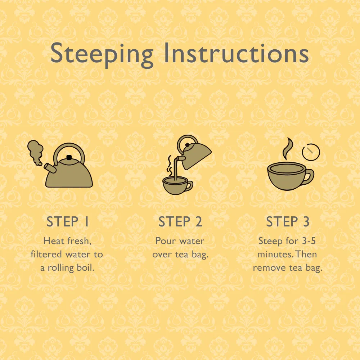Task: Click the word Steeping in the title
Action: pos(102,55)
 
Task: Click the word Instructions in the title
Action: pos(236,53)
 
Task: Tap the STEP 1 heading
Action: pos(68,221)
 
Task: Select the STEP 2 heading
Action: pos(180,221)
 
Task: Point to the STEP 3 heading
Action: pos(288,221)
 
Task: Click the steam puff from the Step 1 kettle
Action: pos(36,152)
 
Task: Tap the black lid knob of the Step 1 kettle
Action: pos(69,157)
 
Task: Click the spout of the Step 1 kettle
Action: pos(50,168)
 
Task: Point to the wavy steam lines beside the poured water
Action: pos(170,165)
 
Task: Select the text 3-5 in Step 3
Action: pos(309,241)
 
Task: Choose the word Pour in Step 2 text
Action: pos(163,241)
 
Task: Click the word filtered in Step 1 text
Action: pos(46,254)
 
